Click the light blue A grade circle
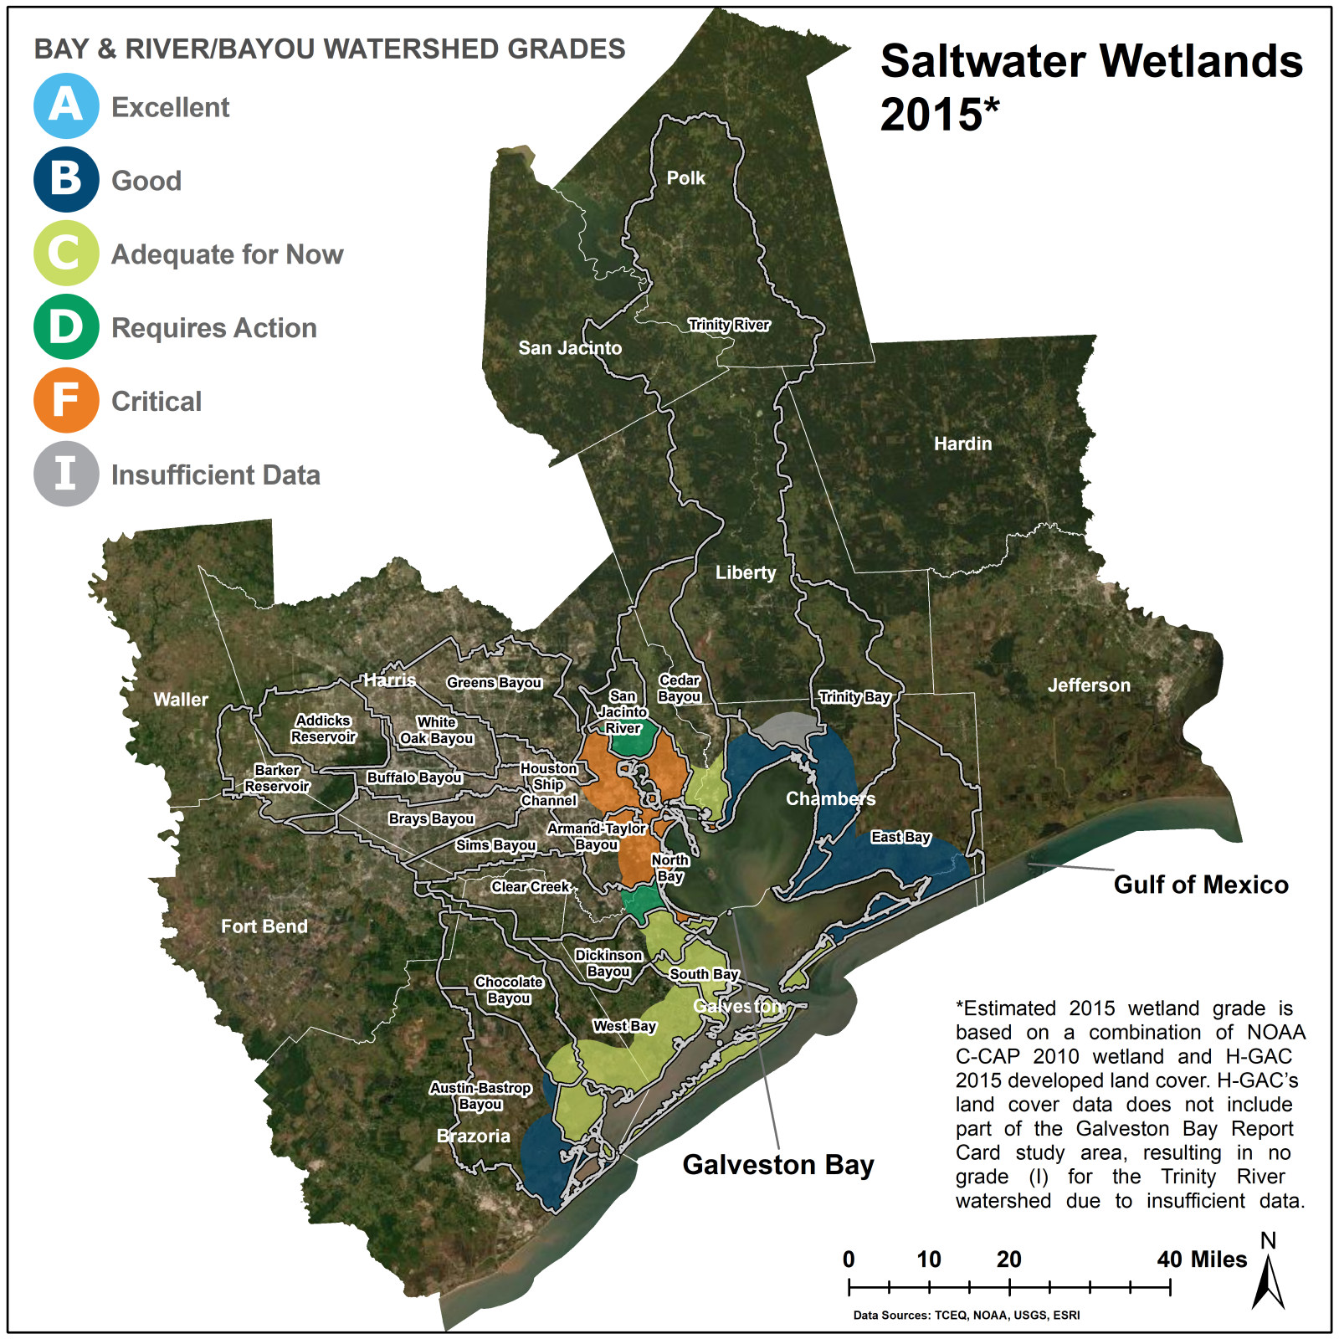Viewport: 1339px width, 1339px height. (66, 106)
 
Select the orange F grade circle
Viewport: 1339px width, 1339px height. (66, 400)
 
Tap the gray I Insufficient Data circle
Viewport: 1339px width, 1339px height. (66, 474)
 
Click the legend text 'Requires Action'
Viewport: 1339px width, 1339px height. (214, 327)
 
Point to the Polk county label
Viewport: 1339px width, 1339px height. (685, 177)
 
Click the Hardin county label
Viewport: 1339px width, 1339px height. (962, 444)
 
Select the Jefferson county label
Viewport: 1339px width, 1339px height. (1089, 685)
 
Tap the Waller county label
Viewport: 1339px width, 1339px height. (181, 700)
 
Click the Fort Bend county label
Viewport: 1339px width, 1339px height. (264, 926)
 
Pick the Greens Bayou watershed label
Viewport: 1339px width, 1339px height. (494, 683)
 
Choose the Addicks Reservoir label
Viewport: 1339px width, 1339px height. (323, 729)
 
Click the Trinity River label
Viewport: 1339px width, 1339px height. (729, 325)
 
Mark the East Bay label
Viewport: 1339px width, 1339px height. (900, 837)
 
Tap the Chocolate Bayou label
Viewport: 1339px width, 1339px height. (509, 990)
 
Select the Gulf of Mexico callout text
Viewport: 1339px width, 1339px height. (1200, 885)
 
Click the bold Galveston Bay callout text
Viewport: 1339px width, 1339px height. (777, 1164)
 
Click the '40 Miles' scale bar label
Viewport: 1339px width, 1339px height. (1202, 1259)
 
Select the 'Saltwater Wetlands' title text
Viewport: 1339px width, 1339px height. (1091, 62)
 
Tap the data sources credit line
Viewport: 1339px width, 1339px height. (966, 1315)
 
